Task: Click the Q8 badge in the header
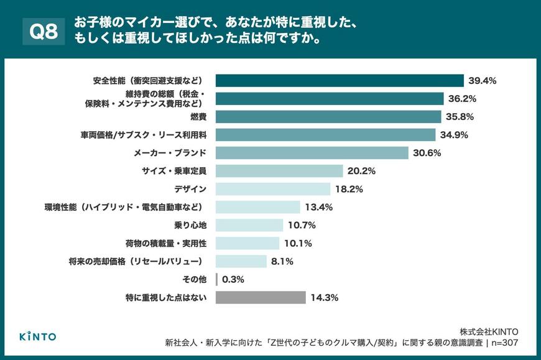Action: (43, 32)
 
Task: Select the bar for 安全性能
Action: (340, 81)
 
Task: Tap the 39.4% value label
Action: (483, 81)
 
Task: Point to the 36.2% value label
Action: (463, 99)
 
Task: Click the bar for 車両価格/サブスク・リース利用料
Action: (325, 135)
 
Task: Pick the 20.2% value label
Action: (363, 171)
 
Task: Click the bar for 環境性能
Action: (258, 207)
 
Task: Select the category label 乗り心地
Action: (188, 225)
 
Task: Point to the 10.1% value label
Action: (298, 243)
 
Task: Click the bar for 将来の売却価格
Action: (241, 261)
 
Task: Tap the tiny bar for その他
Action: (216, 279)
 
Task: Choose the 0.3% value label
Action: (234, 279)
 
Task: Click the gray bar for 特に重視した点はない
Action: (261, 297)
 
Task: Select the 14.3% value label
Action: (325, 297)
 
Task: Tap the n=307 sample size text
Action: (503, 343)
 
